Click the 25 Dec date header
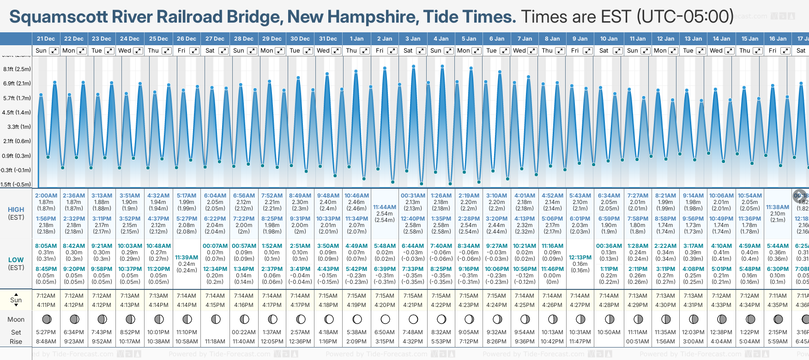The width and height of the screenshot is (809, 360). (158, 39)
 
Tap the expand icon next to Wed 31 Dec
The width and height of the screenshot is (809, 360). (336, 51)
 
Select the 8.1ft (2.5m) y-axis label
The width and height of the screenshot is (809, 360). (17, 69)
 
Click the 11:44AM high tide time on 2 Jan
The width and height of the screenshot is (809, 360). (385, 207)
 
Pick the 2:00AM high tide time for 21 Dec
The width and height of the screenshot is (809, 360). (46, 196)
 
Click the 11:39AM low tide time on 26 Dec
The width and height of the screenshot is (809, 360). (187, 258)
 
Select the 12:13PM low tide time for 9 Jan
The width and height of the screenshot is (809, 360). (580, 258)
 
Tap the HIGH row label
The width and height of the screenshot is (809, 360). (16, 210)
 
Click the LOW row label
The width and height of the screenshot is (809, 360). (16, 260)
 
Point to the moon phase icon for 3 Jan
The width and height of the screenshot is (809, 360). (413, 319)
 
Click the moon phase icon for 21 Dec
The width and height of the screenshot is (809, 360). (46, 319)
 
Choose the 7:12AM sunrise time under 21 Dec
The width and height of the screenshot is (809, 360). (46, 296)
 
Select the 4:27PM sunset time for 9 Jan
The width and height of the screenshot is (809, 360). (580, 305)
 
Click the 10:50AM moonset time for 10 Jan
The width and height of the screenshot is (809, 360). (609, 332)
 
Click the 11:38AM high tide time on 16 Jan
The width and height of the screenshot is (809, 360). (778, 207)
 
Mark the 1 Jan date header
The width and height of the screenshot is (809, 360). (356, 39)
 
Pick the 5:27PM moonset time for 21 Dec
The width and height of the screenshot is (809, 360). (46, 332)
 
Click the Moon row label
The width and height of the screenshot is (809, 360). (16, 319)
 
